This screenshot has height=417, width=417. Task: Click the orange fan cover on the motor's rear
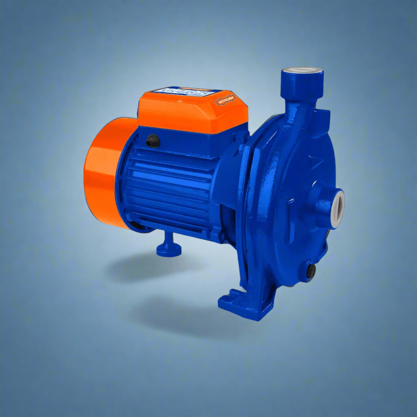100,171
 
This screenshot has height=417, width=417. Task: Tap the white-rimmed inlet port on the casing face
338,208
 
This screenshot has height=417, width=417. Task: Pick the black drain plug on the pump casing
312,271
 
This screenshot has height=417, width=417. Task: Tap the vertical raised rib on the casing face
290,220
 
